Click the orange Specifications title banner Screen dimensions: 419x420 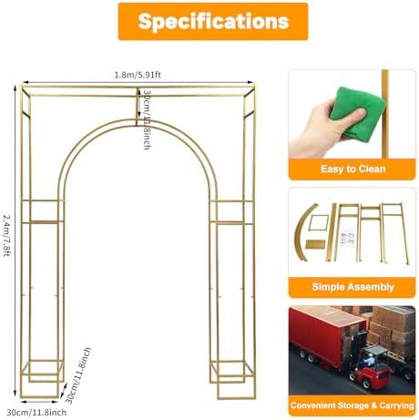[x=213, y=21]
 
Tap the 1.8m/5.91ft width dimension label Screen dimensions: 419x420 [x=138, y=75]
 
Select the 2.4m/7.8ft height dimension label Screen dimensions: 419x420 [x=6, y=235]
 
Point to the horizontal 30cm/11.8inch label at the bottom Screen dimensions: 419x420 [x=36, y=413]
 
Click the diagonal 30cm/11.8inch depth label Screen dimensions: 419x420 [x=78, y=375]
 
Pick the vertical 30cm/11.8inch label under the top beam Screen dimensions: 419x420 [x=147, y=119]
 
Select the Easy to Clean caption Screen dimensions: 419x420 [x=353, y=169]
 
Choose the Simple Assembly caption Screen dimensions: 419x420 [x=353, y=287]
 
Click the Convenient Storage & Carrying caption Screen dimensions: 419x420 [x=353, y=405]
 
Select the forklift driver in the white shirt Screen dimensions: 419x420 [x=368, y=361]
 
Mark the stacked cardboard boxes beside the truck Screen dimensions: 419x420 [x=392, y=330]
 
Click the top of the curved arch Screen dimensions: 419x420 [x=137, y=120]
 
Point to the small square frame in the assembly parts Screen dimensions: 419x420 [x=318, y=223]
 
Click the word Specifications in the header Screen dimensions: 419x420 [x=213, y=21]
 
